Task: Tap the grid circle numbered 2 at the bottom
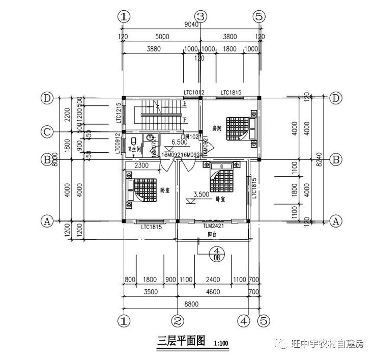coord(178,321)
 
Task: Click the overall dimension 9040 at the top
coord(191,24)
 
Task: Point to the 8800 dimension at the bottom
coord(191,304)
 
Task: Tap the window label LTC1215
coord(118,113)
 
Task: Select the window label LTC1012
coord(194,92)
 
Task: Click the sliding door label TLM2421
coord(214,226)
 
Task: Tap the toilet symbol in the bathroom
coord(133,141)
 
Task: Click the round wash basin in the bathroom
coord(150,137)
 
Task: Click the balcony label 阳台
coord(213,235)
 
